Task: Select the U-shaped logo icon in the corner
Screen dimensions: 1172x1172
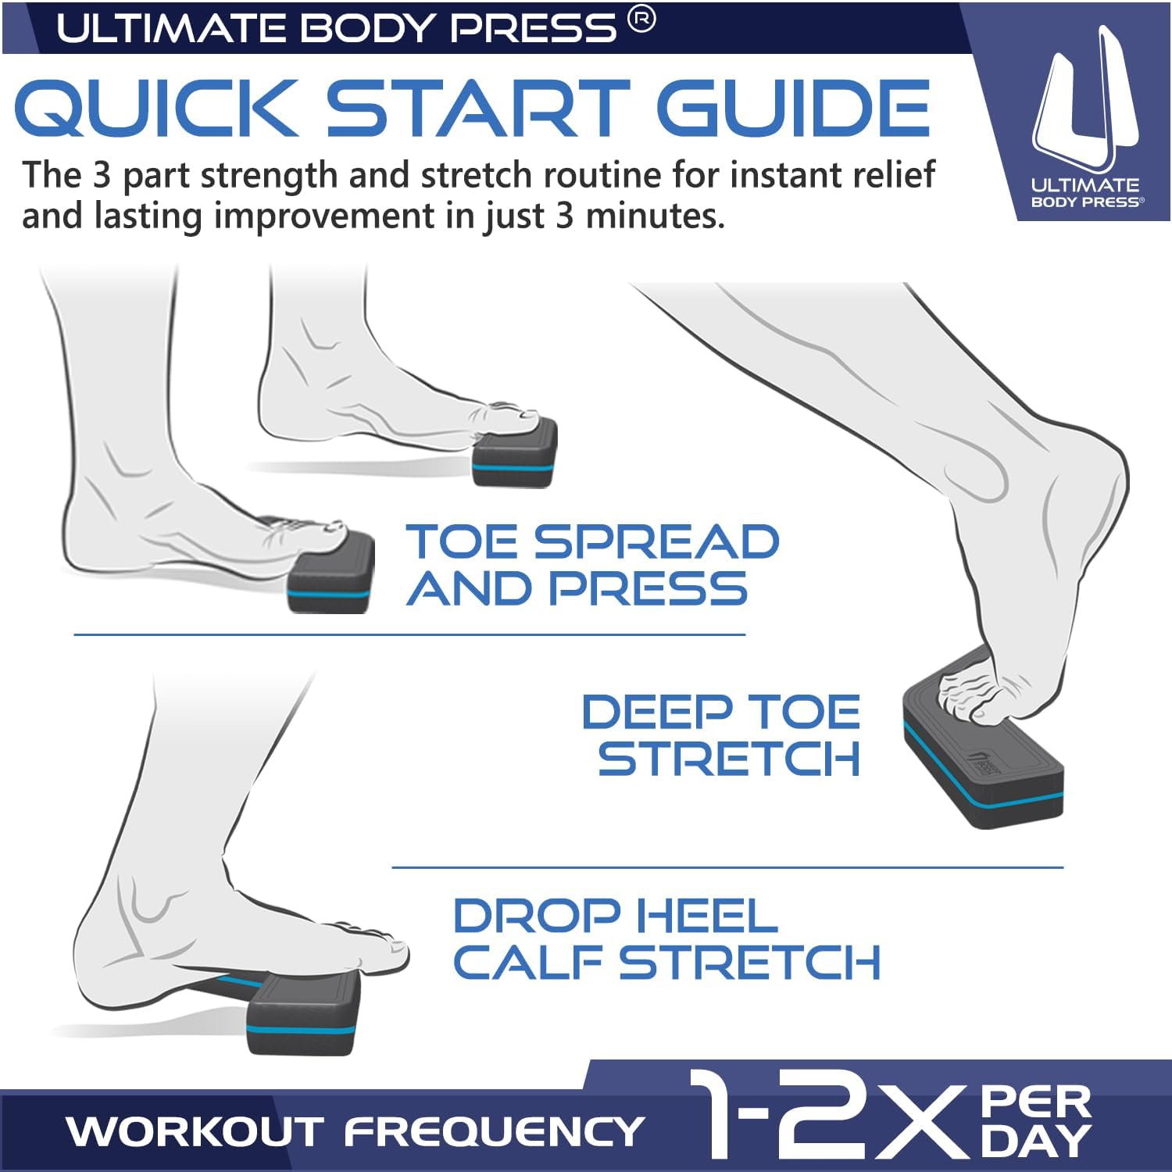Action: [1086, 102]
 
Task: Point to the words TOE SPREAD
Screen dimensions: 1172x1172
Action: [592, 541]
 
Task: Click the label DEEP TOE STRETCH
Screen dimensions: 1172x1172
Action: [721, 735]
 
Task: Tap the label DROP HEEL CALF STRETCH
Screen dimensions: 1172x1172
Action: [666, 938]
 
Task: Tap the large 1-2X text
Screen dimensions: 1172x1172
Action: [828, 1116]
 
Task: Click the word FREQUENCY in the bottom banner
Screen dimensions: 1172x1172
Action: [495, 1131]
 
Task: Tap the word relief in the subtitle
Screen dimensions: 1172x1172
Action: [889, 174]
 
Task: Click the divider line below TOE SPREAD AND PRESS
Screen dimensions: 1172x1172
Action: [409, 634]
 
